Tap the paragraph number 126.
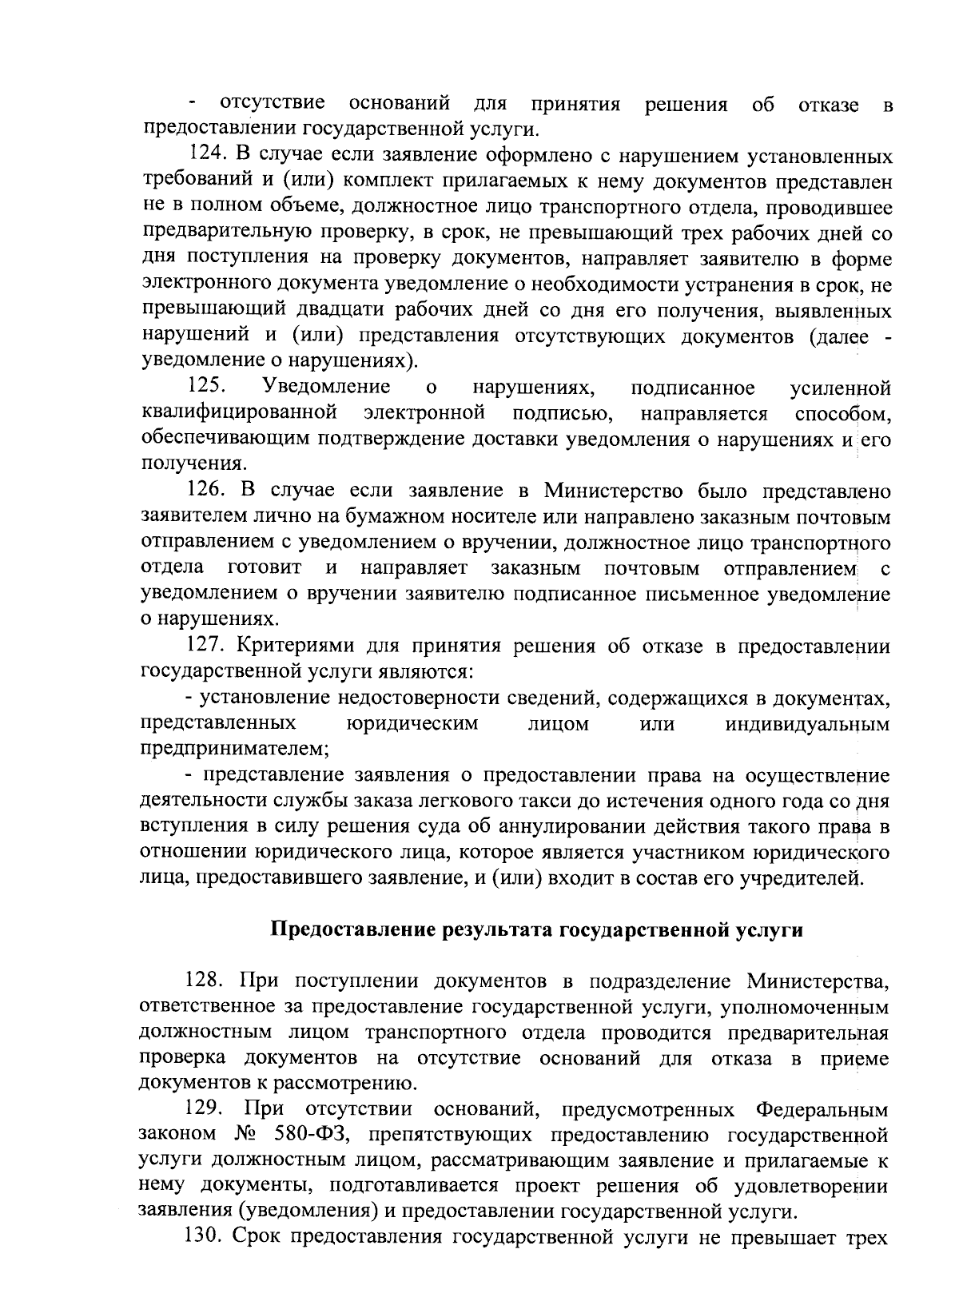coord(206,491)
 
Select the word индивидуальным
coord(807,724)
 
